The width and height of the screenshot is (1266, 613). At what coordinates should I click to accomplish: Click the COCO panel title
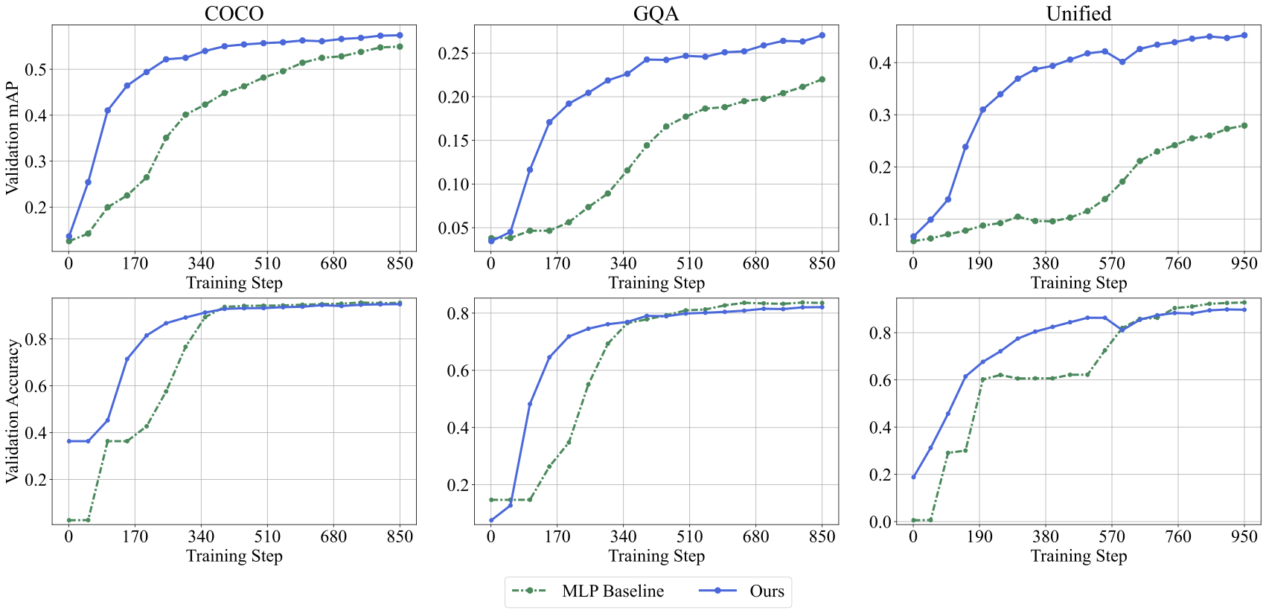(234, 13)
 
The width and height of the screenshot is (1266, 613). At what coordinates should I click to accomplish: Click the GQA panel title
(656, 13)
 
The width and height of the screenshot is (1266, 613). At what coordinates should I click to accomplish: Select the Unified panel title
(1078, 13)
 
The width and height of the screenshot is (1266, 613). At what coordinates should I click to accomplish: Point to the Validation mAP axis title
(13, 138)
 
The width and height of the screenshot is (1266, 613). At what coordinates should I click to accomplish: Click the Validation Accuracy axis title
(13, 411)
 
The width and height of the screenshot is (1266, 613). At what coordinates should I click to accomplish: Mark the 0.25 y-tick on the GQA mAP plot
(453, 54)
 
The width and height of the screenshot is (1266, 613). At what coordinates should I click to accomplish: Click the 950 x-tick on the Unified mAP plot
(1244, 263)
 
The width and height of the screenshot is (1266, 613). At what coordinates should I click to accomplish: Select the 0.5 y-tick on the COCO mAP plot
(36, 70)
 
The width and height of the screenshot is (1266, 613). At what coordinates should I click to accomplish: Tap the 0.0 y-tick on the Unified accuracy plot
(880, 521)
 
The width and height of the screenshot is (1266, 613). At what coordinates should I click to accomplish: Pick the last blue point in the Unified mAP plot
(1244, 35)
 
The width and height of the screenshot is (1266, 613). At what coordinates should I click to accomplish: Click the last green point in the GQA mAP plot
(822, 80)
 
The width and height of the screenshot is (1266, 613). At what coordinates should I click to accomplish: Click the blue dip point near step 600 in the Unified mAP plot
(1122, 62)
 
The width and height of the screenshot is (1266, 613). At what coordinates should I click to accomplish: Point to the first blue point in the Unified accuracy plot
(913, 477)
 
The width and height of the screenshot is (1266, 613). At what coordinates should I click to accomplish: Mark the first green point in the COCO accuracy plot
(69, 520)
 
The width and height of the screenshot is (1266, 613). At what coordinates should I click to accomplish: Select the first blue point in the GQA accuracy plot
(491, 520)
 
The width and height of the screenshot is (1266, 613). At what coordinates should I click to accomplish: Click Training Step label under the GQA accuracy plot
(656, 556)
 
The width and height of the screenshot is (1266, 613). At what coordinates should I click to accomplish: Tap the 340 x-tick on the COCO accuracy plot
(201, 536)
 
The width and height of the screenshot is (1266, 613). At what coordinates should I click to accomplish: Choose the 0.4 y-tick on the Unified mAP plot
(880, 63)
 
